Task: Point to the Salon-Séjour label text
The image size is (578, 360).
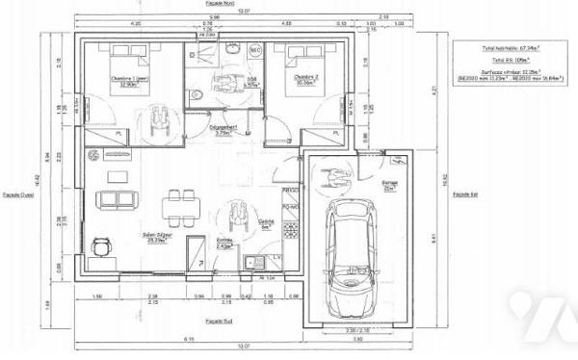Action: click(x=127, y=244)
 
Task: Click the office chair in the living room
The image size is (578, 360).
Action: click(x=100, y=245)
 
